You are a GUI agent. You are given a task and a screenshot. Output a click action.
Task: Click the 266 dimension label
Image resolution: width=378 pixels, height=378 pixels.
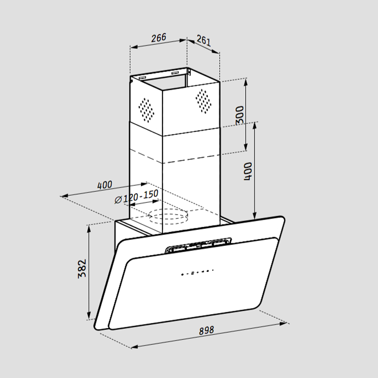(158, 38)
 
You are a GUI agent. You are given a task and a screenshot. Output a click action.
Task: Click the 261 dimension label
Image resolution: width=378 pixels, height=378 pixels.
(203, 41)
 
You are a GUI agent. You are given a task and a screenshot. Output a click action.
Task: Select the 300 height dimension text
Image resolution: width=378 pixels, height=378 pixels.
(240, 115)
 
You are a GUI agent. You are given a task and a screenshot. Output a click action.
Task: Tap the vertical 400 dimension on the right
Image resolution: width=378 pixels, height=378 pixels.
(248, 171)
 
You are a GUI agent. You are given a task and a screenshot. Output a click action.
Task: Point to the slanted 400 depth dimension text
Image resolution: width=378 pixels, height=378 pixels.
(105, 185)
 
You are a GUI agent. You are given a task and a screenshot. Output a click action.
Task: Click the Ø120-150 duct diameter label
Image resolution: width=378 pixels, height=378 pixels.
(137, 196)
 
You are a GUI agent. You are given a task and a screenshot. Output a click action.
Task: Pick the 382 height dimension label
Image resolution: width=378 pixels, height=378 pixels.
(82, 268)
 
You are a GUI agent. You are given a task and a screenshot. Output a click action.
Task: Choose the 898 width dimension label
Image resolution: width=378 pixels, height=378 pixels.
(206, 330)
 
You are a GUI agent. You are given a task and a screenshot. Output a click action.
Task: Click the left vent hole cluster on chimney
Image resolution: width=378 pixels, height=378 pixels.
(146, 109)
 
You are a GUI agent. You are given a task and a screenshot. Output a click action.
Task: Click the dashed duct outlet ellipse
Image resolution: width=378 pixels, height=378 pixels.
(169, 217)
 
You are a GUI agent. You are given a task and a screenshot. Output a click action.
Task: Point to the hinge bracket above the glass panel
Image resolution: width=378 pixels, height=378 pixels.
(198, 244)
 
